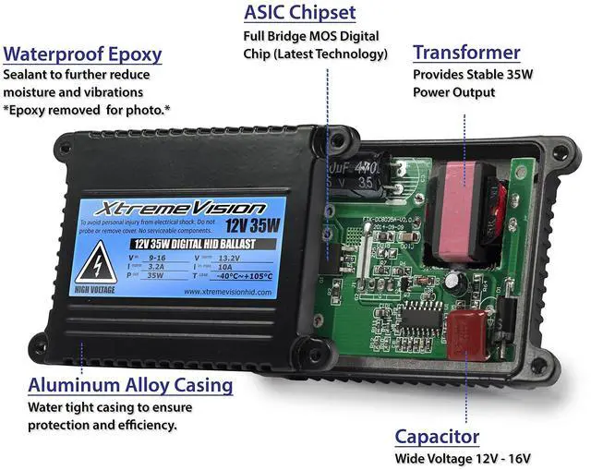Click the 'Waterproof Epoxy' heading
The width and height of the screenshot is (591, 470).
tap(83, 54)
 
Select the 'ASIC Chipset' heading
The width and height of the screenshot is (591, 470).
tap(300, 13)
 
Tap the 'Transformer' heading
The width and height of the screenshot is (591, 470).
tap(466, 52)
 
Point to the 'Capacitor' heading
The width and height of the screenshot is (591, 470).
tap(437, 436)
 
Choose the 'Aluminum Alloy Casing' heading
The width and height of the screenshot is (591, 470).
tap(130, 384)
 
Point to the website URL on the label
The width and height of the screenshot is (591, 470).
tap(230, 291)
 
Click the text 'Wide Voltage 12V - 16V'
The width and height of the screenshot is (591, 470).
tap(463, 459)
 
